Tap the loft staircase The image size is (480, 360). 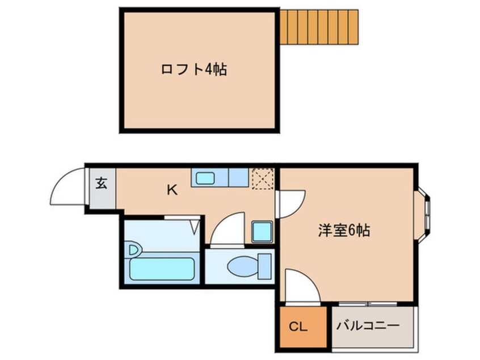click(319, 27)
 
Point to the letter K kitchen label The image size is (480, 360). click(171, 190)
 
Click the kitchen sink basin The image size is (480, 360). click(204, 178)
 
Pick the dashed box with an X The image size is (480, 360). click(262, 178)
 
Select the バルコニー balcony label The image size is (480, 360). click(368, 326)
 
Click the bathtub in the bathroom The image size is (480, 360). click(162, 269)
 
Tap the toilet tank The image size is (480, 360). click(265, 266)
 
